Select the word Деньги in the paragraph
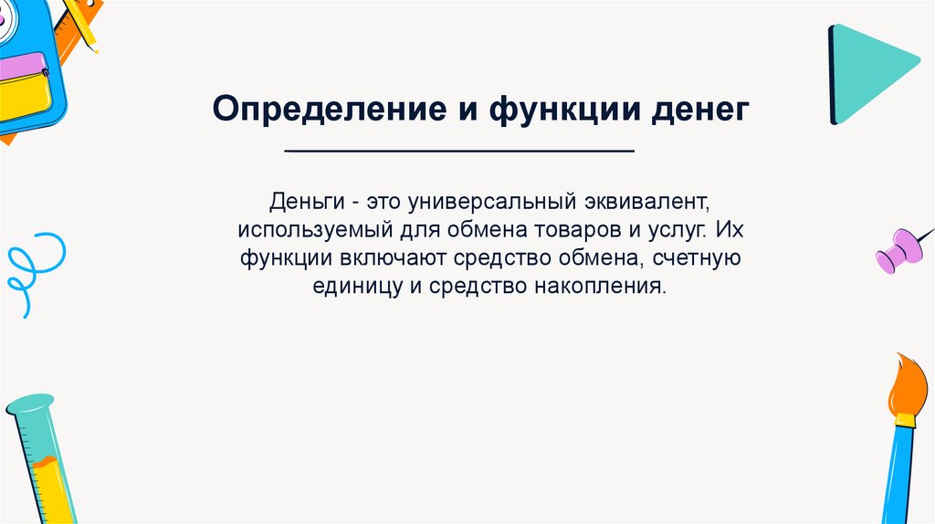tap(307, 202)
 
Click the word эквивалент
tap(647, 202)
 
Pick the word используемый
tap(315, 230)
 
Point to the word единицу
tap(358, 287)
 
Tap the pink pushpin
tap(901, 249)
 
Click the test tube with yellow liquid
tap(43, 459)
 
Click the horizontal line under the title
tap(459, 152)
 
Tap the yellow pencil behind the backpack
tap(79, 23)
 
